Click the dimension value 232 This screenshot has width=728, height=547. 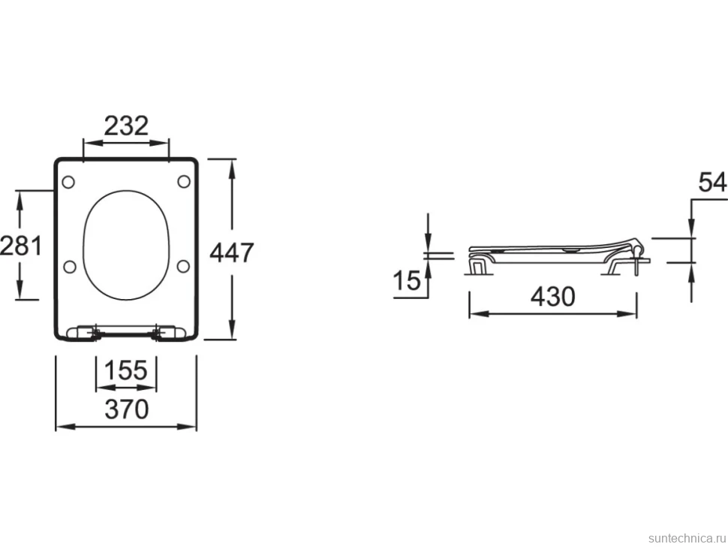coord(126,125)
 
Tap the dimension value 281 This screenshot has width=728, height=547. coord(21,246)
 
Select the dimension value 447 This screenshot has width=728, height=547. coord(232,252)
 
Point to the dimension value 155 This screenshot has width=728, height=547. coord(126,370)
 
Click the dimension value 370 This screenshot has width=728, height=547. coord(126,409)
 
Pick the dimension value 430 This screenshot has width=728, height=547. coord(553,296)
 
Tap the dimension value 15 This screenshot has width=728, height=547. coord(407,281)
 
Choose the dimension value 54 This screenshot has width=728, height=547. coord(713,182)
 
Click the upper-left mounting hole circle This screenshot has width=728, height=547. coord(68,182)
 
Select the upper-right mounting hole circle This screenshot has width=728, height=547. coord(184,181)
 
